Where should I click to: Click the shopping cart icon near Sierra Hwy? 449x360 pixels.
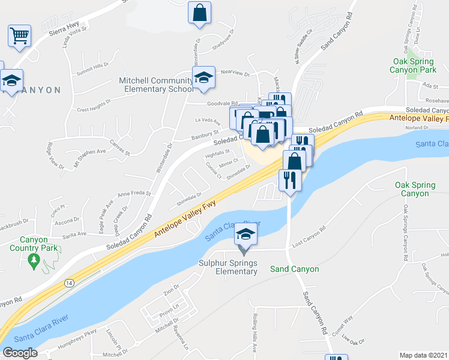(x=19, y=35)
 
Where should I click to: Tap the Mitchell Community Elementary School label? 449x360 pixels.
(x=155, y=85)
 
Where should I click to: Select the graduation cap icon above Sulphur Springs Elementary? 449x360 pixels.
(x=245, y=233)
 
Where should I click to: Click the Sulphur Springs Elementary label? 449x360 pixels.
(x=228, y=268)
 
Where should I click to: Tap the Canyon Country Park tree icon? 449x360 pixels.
(x=34, y=260)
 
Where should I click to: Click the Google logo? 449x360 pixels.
(x=20, y=353)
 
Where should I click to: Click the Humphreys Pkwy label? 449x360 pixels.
(x=76, y=334)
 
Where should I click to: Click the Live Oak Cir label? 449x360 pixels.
(x=354, y=340)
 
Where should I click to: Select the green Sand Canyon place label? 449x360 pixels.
(x=295, y=269)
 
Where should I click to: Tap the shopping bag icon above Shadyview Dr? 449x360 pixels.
(x=199, y=12)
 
